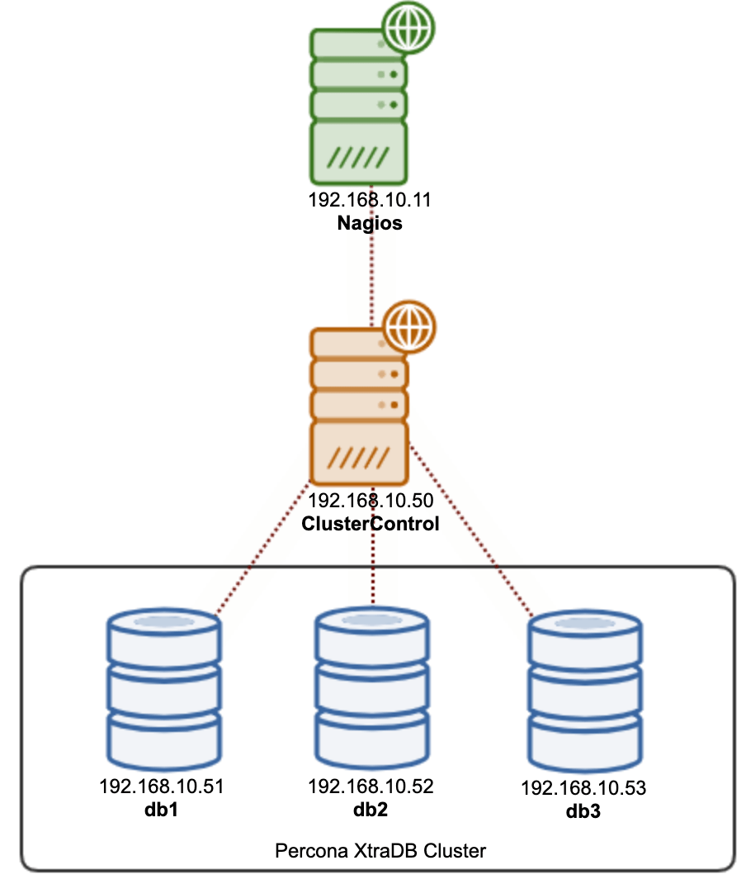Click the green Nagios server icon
[x=358, y=107]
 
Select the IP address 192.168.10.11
[x=371, y=200]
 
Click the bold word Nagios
[x=371, y=223]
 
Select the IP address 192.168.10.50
[x=371, y=500]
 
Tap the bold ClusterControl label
[x=371, y=523]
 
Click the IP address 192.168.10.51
[x=162, y=787]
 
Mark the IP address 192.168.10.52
[x=371, y=786]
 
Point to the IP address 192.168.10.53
[x=583, y=788]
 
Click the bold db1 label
[x=162, y=810]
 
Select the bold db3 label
[x=583, y=811]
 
